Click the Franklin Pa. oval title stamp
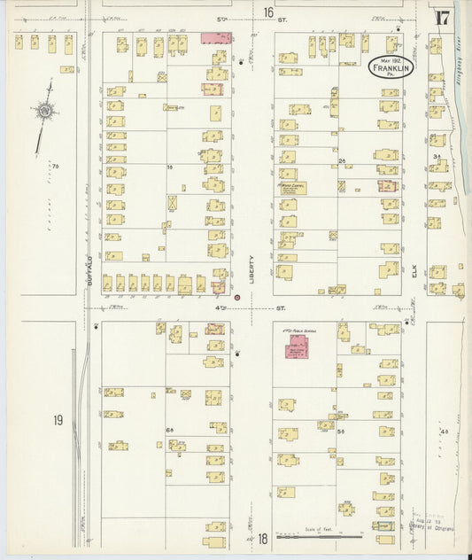pos(390,67)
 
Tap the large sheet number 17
pos(443,18)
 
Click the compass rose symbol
pos(43,110)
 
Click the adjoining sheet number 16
pos(267,12)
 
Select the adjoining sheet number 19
pos(57,419)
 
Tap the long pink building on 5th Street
pos(217,38)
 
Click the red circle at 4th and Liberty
pos(236,297)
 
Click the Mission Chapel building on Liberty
pos(291,189)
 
